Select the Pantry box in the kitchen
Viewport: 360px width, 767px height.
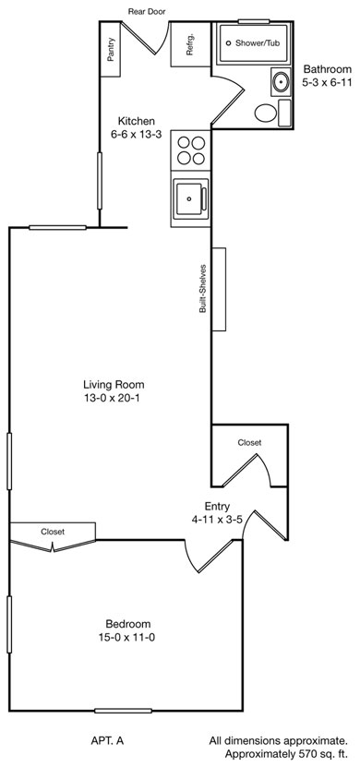(x=111, y=49)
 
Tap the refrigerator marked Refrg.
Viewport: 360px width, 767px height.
(x=190, y=44)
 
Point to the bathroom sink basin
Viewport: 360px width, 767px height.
(x=281, y=82)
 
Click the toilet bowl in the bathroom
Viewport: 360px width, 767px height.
(x=266, y=114)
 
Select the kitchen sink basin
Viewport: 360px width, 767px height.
(x=188, y=199)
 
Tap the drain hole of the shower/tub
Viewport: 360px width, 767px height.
(x=228, y=43)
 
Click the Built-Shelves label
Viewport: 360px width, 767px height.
(x=203, y=289)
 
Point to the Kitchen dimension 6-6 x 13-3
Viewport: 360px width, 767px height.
(x=136, y=136)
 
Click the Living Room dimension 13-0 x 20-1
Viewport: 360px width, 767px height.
(x=114, y=398)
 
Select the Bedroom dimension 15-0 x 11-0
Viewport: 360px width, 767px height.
(x=127, y=638)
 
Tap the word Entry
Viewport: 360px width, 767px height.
(x=217, y=507)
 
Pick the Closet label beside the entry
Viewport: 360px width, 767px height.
(x=249, y=443)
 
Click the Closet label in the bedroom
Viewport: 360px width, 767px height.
(x=53, y=532)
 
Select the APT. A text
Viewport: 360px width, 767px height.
(x=107, y=741)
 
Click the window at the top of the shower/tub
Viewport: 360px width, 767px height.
(x=254, y=21)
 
